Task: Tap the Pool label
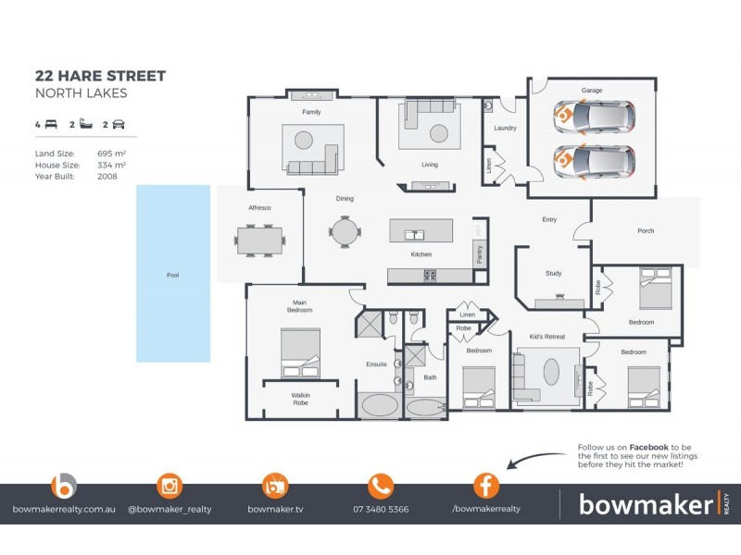tap(172, 275)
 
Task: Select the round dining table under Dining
tap(345, 230)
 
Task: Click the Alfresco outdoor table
tap(260, 240)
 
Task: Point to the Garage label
tap(592, 91)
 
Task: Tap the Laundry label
tap(505, 128)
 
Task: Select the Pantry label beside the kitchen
tap(479, 255)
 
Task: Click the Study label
tap(554, 273)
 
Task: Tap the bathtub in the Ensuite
tap(379, 405)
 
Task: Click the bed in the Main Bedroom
tap(300, 354)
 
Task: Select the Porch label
tap(646, 230)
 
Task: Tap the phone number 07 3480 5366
tap(381, 509)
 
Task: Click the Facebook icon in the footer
tap(486, 485)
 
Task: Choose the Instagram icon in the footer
tap(170, 485)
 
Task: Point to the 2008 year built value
tap(107, 175)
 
